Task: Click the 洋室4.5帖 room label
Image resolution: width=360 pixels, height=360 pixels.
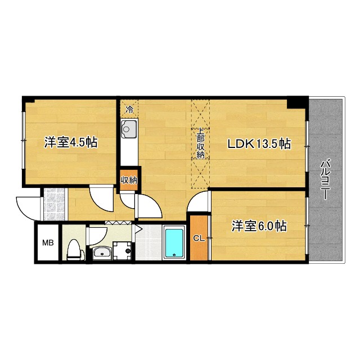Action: pos(70,142)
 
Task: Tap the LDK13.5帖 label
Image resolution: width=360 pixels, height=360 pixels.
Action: pos(258,143)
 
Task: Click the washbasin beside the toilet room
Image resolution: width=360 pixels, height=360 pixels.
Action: pos(101,252)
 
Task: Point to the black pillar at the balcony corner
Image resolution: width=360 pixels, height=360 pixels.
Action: pos(296,103)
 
